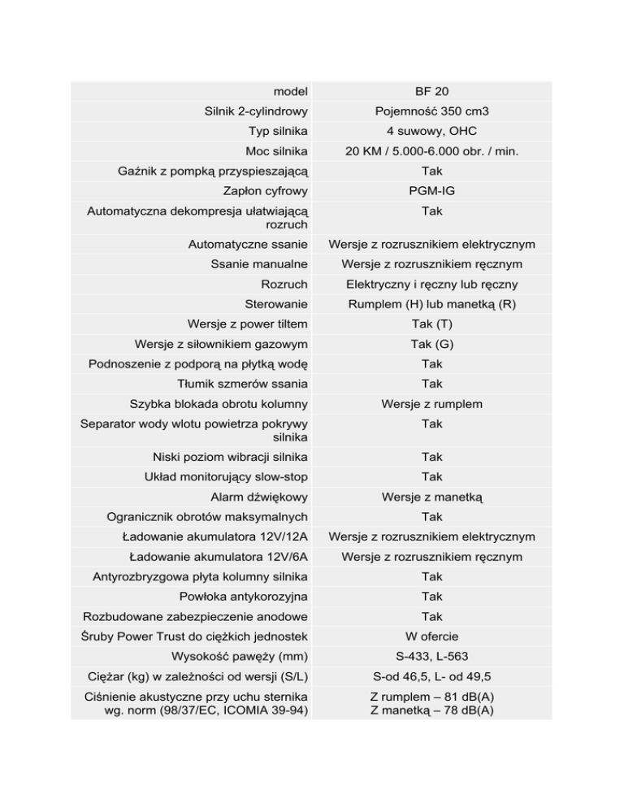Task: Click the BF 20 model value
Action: pyautogui.click(x=431, y=91)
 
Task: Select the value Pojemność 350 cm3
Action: pyautogui.click(x=431, y=111)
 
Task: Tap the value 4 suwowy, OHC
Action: pyautogui.click(x=431, y=131)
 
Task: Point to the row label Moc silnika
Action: pyautogui.click(x=276, y=151)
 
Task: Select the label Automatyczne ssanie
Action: pyautogui.click(x=248, y=244)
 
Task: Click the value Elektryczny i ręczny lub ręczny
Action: pyautogui.click(x=431, y=285)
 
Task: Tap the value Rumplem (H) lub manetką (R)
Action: pyautogui.click(x=431, y=304)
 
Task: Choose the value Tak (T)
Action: pyautogui.click(x=431, y=324)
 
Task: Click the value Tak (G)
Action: pyautogui.click(x=431, y=344)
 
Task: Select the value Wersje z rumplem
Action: pyautogui.click(x=431, y=404)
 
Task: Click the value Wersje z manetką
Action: pyautogui.click(x=431, y=497)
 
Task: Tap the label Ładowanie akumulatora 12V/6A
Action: pyautogui.click(x=219, y=557)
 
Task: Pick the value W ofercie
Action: pyautogui.click(x=431, y=636)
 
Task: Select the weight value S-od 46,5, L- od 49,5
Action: pyautogui.click(x=431, y=676)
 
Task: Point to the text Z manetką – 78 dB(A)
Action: pyautogui.click(x=431, y=710)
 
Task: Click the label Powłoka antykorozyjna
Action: pyautogui.click(x=243, y=597)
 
